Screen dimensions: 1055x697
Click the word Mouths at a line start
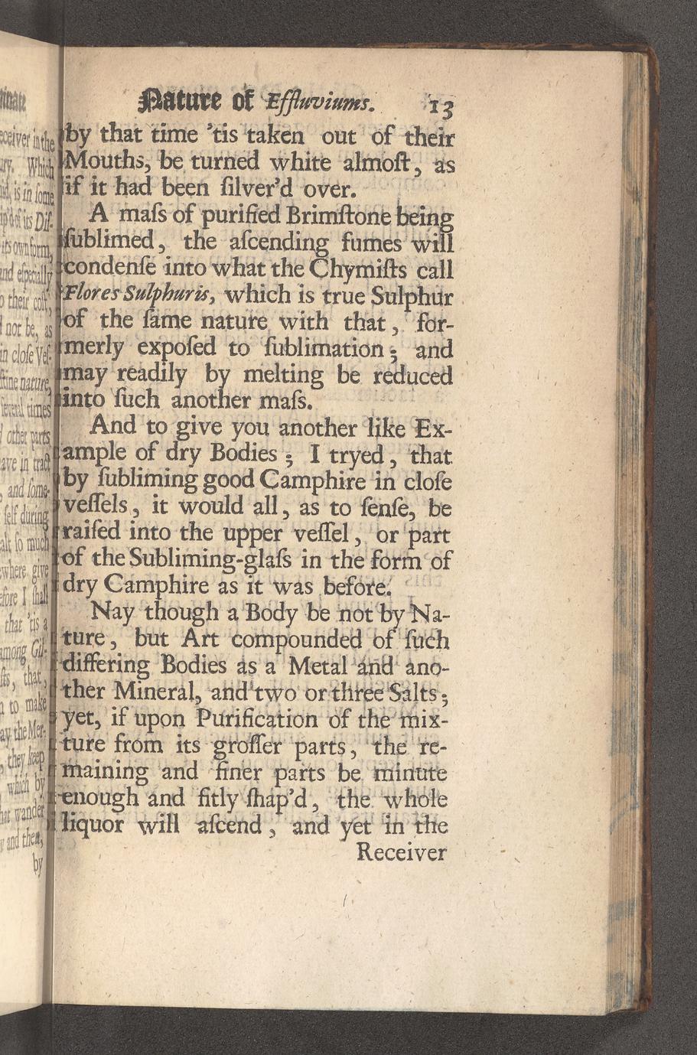(102, 162)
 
